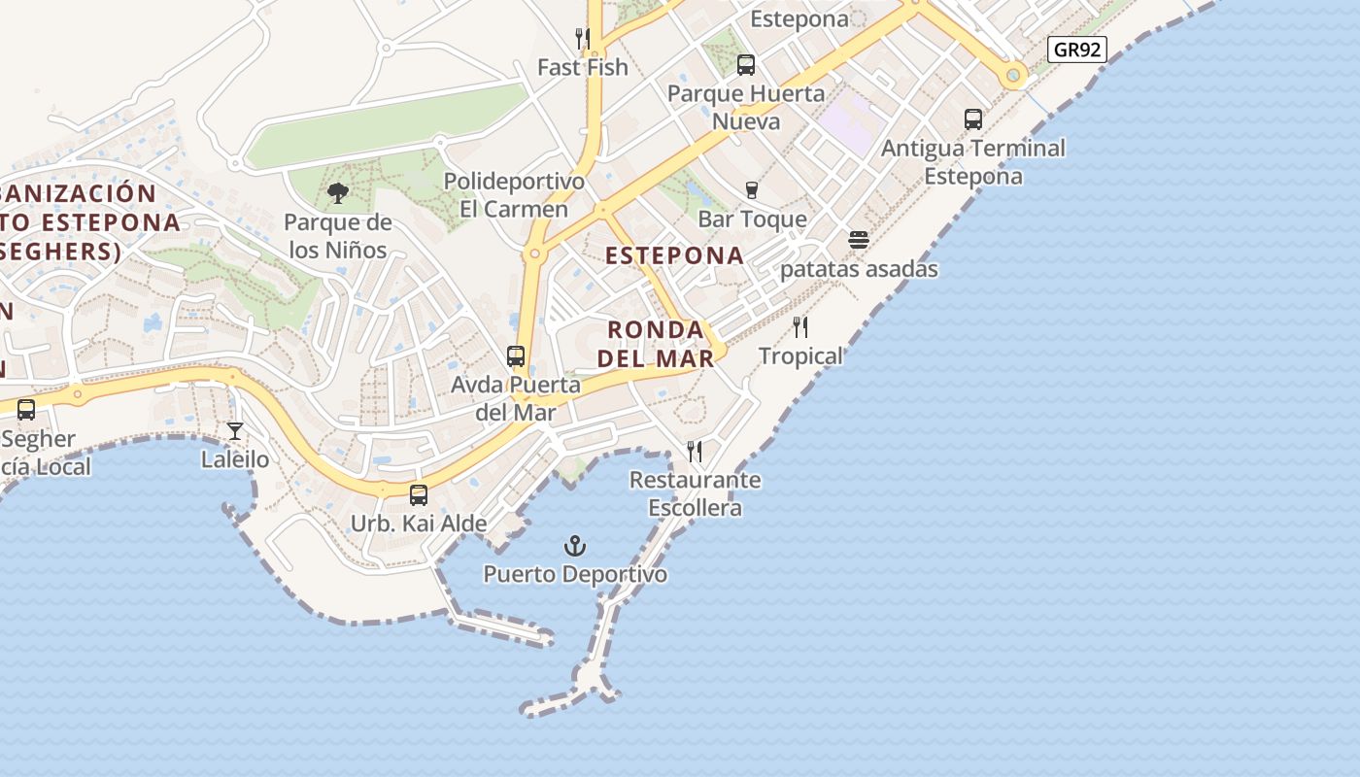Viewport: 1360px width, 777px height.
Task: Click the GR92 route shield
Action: (1077, 50)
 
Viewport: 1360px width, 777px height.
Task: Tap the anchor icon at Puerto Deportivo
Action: (576, 546)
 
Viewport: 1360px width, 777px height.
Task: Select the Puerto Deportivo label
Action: (575, 574)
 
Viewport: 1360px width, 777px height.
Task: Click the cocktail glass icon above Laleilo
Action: (235, 430)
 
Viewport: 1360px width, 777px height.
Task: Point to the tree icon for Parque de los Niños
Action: (338, 193)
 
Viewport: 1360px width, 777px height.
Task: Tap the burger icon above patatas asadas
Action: (859, 240)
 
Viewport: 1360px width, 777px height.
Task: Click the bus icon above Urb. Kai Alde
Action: (419, 495)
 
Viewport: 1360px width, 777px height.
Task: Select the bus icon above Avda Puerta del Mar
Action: (516, 356)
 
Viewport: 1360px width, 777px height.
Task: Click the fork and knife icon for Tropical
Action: (800, 327)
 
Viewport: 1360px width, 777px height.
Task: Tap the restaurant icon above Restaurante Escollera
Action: (695, 452)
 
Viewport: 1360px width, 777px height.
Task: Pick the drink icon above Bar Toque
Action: (751, 190)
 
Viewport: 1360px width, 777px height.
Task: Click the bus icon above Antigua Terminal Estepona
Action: (973, 119)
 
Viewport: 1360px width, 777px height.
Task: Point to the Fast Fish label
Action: (583, 67)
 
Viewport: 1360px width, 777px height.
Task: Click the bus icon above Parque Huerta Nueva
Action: (746, 65)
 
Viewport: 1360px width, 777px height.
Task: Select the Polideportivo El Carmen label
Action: (514, 195)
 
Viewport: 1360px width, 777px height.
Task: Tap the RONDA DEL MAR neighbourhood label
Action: (656, 344)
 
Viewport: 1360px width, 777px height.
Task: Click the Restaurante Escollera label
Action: (695, 493)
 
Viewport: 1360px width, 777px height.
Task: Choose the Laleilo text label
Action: (235, 458)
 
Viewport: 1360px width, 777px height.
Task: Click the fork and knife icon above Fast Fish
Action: (583, 39)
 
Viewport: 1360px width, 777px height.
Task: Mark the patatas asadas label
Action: (859, 269)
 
